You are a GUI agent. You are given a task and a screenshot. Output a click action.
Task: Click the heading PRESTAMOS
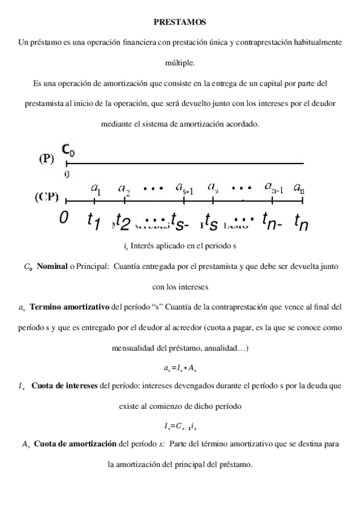coord(180,22)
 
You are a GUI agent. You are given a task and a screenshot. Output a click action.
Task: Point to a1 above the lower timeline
coord(96,188)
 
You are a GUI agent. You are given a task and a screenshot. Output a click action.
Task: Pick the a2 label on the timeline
coord(126,189)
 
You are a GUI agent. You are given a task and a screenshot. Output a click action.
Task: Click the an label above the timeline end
coord(299,188)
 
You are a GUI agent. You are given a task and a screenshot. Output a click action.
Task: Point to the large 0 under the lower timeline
coord(64,217)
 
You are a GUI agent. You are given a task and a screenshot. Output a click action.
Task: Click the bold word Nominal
coord(52,265)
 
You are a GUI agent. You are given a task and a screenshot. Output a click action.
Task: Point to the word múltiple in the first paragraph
coord(180,62)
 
